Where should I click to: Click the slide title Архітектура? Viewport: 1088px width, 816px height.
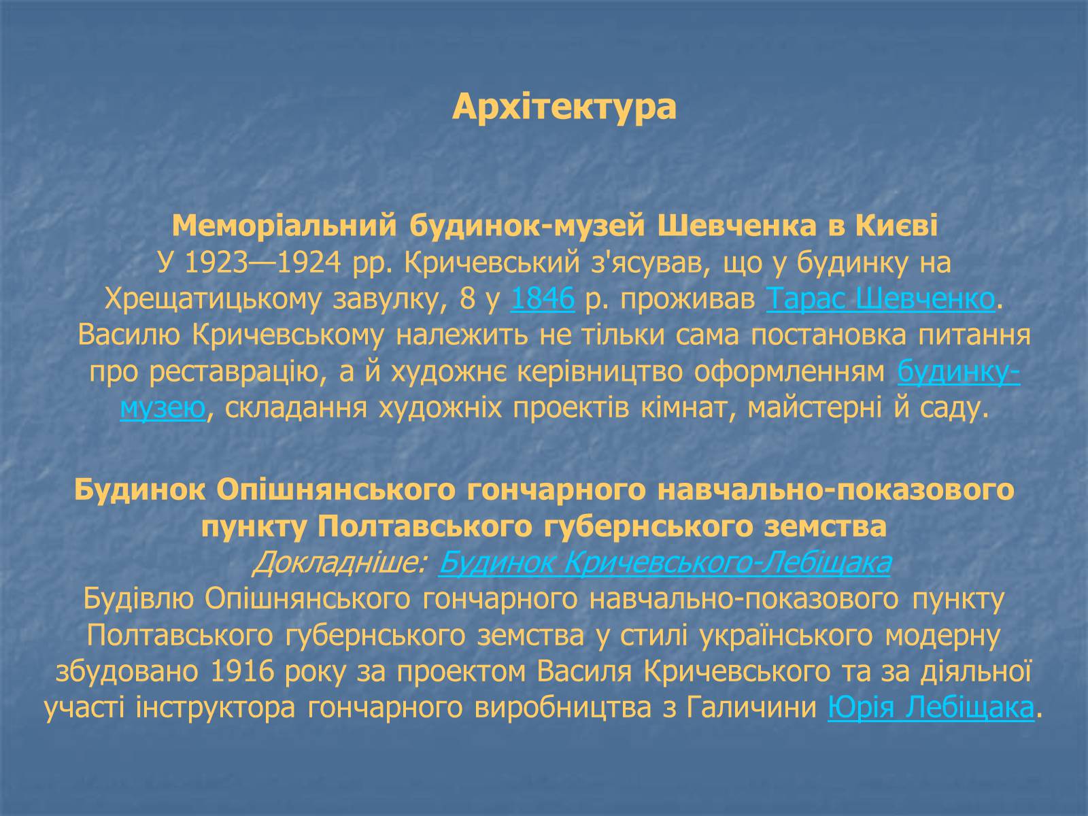click(x=564, y=107)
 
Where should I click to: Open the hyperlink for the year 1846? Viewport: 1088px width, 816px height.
click(x=542, y=299)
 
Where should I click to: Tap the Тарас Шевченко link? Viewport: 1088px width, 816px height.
click(x=881, y=299)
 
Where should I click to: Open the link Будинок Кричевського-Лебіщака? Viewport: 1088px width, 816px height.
click(x=664, y=563)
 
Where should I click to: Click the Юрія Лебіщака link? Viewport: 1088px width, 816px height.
click(x=931, y=707)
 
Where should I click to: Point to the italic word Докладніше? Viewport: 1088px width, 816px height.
click(x=339, y=563)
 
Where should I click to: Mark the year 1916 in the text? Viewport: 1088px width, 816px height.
click(x=242, y=672)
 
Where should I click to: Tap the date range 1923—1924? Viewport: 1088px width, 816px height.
click(x=262, y=262)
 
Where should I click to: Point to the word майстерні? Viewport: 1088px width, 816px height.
click(x=815, y=408)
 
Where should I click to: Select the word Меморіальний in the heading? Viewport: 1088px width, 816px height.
click(x=284, y=226)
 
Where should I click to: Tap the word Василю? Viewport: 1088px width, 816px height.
click(x=129, y=336)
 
